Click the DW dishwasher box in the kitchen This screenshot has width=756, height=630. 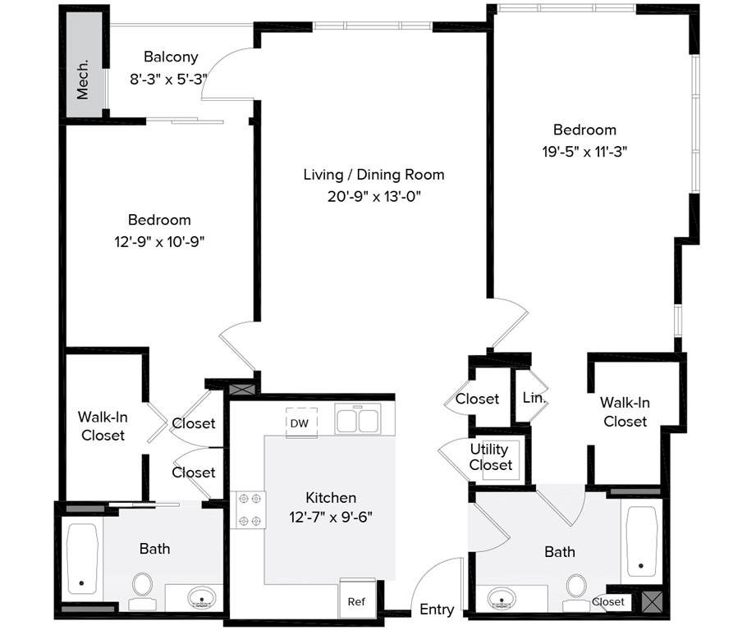click(x=300, y=422)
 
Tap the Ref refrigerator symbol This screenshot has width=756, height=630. click(x=356, y=600)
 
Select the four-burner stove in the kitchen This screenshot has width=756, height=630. click(x=248, y=509)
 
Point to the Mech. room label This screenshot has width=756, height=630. click(x=83, y=79)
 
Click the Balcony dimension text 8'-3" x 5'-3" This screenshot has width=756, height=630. click(x=169, y=80)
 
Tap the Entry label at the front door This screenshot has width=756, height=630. click(x=437, y=609)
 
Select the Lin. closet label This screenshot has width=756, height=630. click(x=534, y=398)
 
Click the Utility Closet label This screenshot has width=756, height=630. click(x=490, y=457)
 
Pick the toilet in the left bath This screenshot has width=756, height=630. click(x=143, y=587)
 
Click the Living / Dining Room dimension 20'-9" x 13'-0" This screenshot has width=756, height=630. click(x=373, y=196)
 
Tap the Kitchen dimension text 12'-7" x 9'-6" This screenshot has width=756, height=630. click(x=331, y=518)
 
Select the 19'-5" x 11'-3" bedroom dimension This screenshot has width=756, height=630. click(x=584, y=151)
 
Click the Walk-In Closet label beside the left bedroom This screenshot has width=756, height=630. click(x=103, y=426)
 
